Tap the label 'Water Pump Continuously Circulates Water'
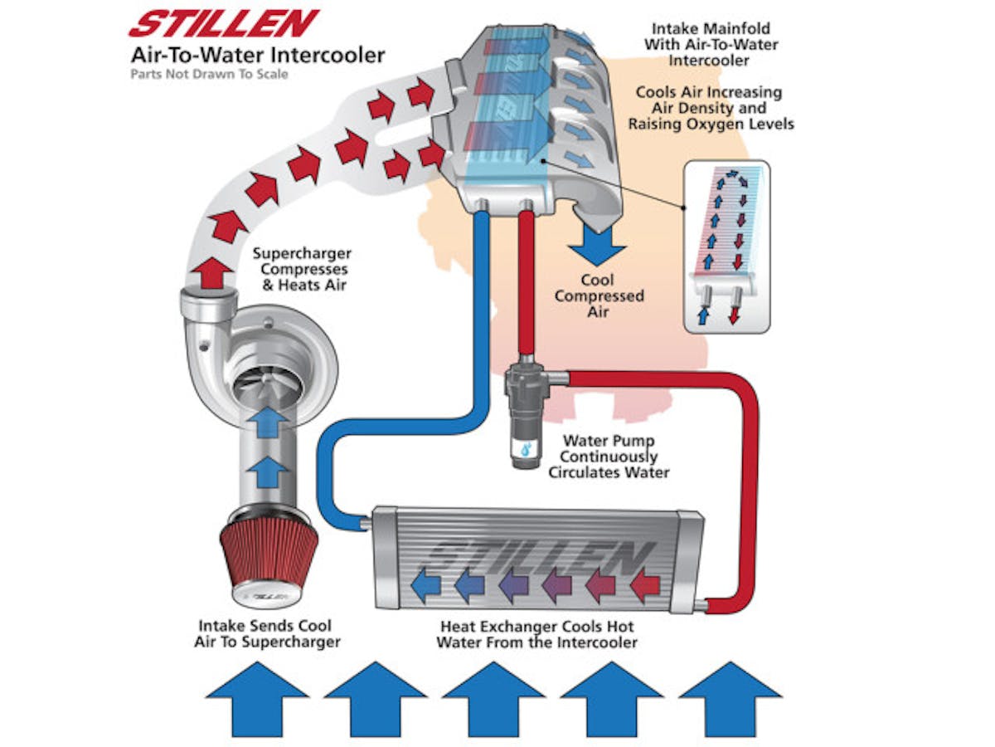point(609,456)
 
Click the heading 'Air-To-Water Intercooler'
point(257,56)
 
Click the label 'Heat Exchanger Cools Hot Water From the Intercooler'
point(537,634)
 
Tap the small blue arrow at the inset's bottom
point(705,315)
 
